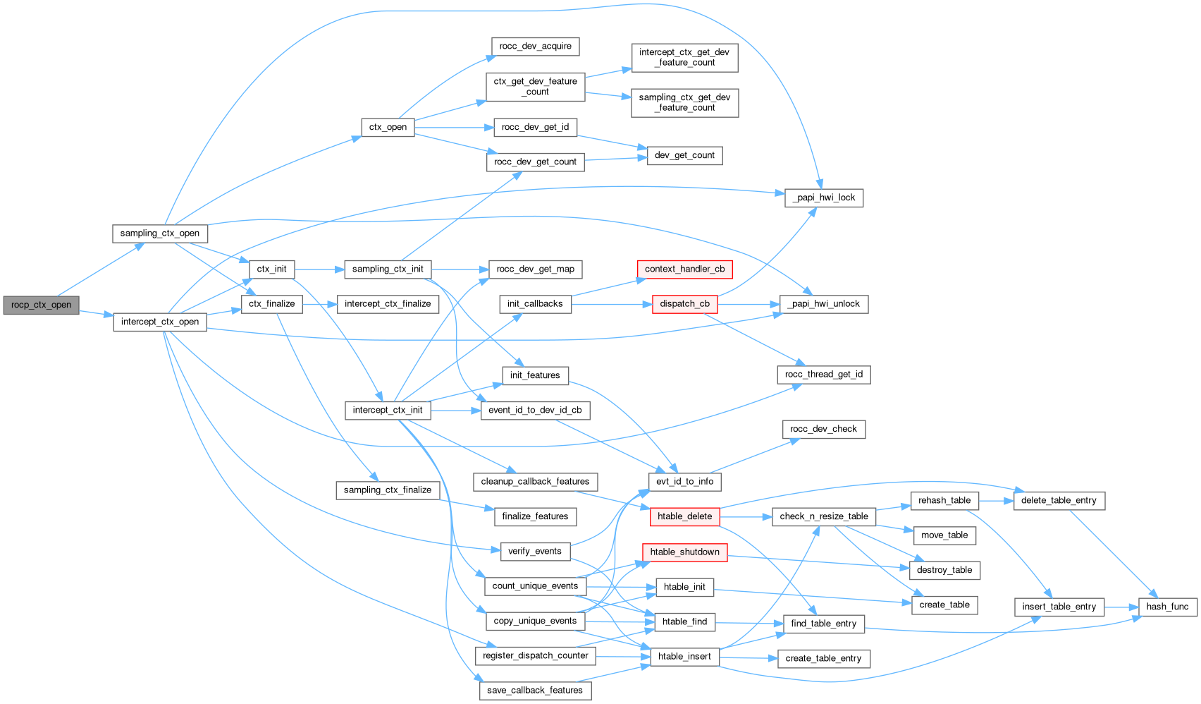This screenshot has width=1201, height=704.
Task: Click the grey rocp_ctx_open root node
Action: [41, 305]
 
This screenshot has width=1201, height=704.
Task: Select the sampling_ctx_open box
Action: [159, 233]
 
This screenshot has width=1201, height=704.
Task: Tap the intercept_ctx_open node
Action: [159, 322]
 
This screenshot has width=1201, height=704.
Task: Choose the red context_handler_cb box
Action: [684, 269]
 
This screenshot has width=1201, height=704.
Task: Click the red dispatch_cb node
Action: [684, 304]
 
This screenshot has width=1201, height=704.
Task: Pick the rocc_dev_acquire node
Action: [535, 47]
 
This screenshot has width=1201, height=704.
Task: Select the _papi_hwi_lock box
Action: [823, 198]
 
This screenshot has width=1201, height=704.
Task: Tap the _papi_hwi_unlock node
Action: [824, 304]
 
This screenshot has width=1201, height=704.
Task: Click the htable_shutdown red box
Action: [684, 552]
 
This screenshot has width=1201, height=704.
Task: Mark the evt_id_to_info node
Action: [684, 481]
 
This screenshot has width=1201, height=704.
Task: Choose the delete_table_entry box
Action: [1058, 500]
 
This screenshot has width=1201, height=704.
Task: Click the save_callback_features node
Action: [535, 690]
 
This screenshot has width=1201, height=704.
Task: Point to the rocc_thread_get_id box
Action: [823, 375]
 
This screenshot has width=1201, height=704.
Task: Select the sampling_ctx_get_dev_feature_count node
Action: [684, 102]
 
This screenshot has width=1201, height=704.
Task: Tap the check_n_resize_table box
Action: [823, 516]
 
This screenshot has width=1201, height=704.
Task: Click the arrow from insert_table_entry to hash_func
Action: [1121, 607]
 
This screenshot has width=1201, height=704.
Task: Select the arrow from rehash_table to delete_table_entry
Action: [996, 500]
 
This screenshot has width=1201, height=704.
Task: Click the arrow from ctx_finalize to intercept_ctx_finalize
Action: [320, 304]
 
